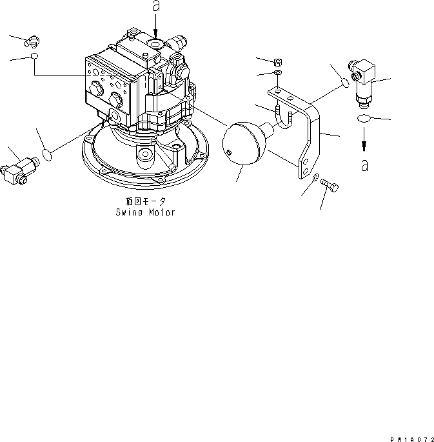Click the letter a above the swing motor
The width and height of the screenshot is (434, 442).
(x=155, y=7)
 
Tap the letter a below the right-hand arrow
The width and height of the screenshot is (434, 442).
(x=365, y=165)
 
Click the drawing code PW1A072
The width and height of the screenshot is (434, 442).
(x=408, y=437)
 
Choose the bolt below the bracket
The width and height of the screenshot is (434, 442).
(x=330, y=187)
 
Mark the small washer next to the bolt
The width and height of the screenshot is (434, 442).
(x=315, y=179)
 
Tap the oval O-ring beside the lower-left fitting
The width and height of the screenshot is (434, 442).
(x=46, y=154)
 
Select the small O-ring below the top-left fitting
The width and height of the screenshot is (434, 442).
(x=34, y=58)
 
